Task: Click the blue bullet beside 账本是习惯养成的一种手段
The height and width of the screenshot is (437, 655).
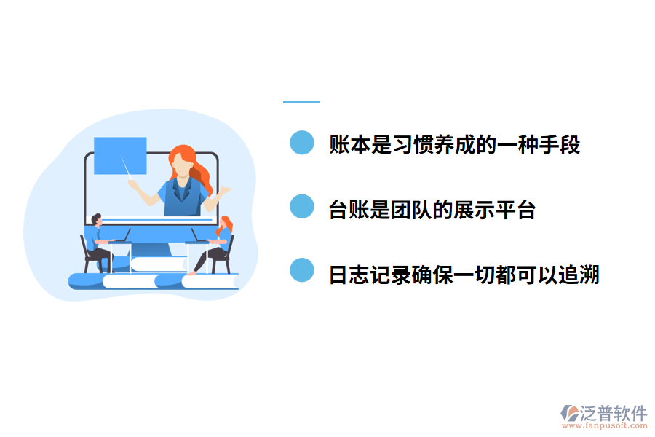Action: coord(301,143)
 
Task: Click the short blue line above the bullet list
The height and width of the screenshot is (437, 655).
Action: coord(301,102)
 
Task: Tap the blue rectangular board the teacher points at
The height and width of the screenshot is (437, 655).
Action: coord(120,155)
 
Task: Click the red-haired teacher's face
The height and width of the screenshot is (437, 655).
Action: coord(181,165)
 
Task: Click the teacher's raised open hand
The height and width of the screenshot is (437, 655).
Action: coord(223,191)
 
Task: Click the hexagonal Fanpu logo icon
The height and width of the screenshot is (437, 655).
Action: coord(569,413)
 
